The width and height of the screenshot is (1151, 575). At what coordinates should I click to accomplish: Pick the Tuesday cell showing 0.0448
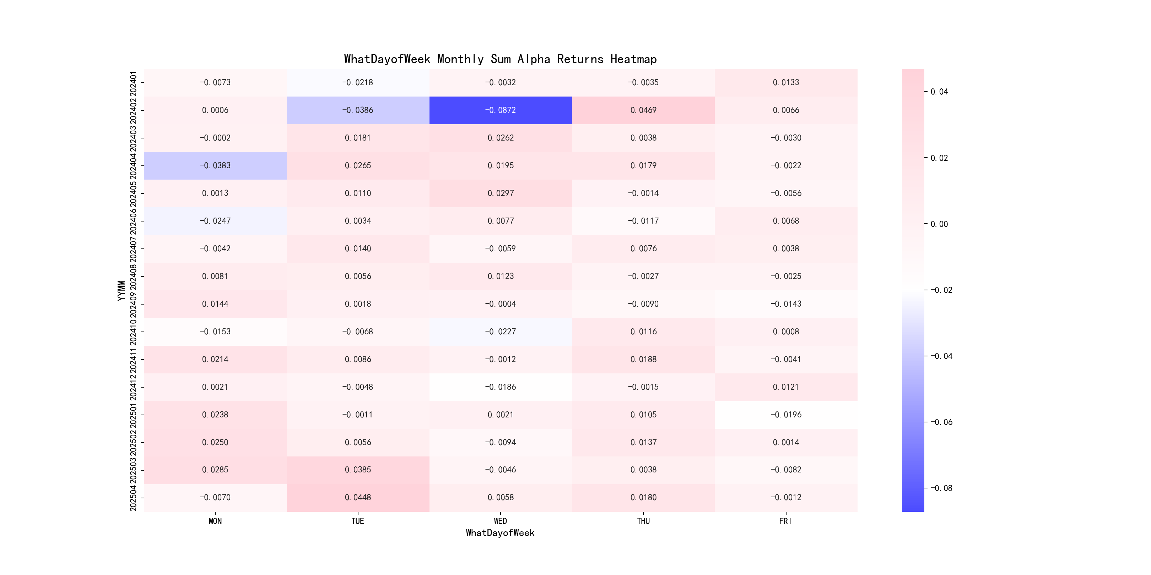357,497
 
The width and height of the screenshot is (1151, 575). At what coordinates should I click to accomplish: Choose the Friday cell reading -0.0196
785,415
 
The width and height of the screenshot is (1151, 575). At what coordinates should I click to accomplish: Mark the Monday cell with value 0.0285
215,470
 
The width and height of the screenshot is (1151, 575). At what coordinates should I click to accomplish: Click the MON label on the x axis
215,521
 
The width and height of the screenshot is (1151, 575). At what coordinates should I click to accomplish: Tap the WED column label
501,521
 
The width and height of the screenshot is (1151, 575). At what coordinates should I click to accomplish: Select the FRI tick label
785,521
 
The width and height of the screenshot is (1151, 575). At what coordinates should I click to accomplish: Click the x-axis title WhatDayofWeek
500,533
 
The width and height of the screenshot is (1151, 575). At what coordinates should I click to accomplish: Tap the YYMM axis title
121,291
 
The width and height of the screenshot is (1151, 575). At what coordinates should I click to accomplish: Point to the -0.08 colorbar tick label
941,488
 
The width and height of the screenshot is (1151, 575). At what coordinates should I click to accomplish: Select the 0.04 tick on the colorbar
939,92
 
